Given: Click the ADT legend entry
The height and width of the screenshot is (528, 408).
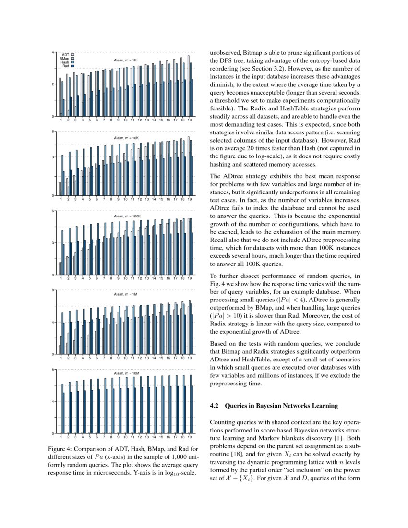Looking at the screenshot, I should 66,55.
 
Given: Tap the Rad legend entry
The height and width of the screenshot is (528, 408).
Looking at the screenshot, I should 66,66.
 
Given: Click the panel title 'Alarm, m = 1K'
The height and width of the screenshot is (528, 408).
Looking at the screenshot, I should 125,60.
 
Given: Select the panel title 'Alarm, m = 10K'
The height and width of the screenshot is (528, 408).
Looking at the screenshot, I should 126,138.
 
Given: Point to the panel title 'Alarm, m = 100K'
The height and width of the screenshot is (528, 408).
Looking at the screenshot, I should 127,216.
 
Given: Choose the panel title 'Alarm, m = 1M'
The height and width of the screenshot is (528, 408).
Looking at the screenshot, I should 125,294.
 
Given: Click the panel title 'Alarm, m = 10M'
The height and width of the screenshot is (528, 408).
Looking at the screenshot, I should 126,373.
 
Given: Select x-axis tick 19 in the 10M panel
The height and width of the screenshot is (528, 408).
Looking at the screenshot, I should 190,438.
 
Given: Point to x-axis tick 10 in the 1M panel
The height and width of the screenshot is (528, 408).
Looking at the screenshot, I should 125,358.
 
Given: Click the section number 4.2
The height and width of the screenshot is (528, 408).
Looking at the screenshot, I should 215,406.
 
